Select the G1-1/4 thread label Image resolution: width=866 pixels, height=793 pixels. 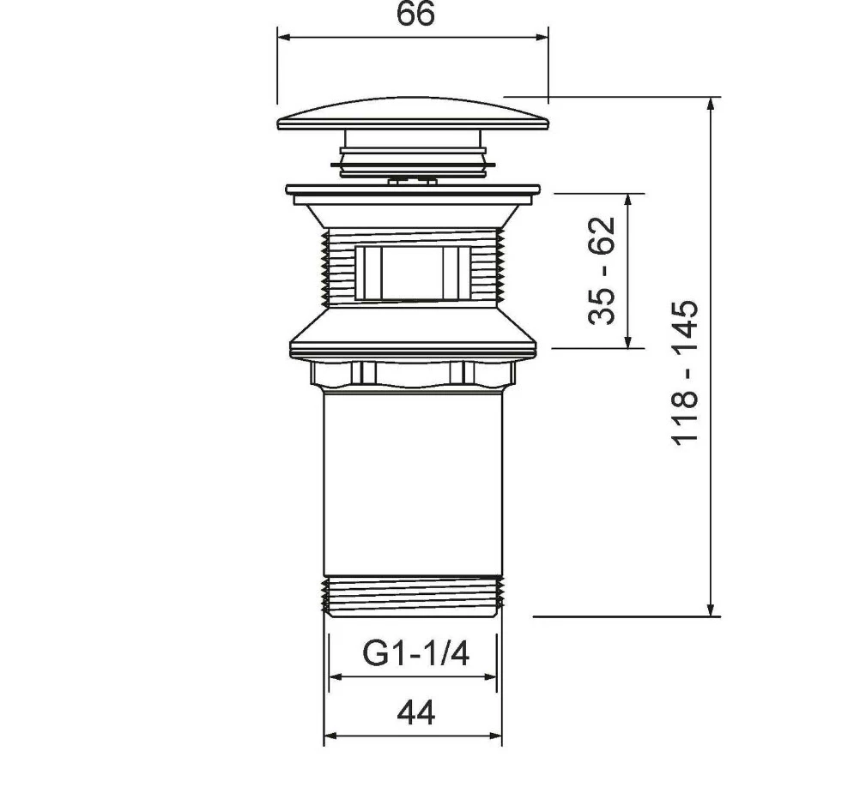pyautogui.click(x=416, y=653)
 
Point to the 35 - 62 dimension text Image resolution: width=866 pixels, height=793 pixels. pyautogui.click(x=602, y=270)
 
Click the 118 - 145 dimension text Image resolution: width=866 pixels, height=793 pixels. pyautogui.click(x=685, y=372)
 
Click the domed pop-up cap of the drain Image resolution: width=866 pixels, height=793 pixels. pyautogui.click(x=415, y=115)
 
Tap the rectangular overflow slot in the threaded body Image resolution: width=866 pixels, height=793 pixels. pyautogui.click(x=412, y=273)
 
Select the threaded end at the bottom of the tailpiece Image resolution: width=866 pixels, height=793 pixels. pyautogui.click(x=413, y=597)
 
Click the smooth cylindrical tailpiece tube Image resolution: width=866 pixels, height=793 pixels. pyautogui.click(x=413, y=483)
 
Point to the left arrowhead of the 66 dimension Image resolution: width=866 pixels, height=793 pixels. pyautogui.click(x=283, y=37)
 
